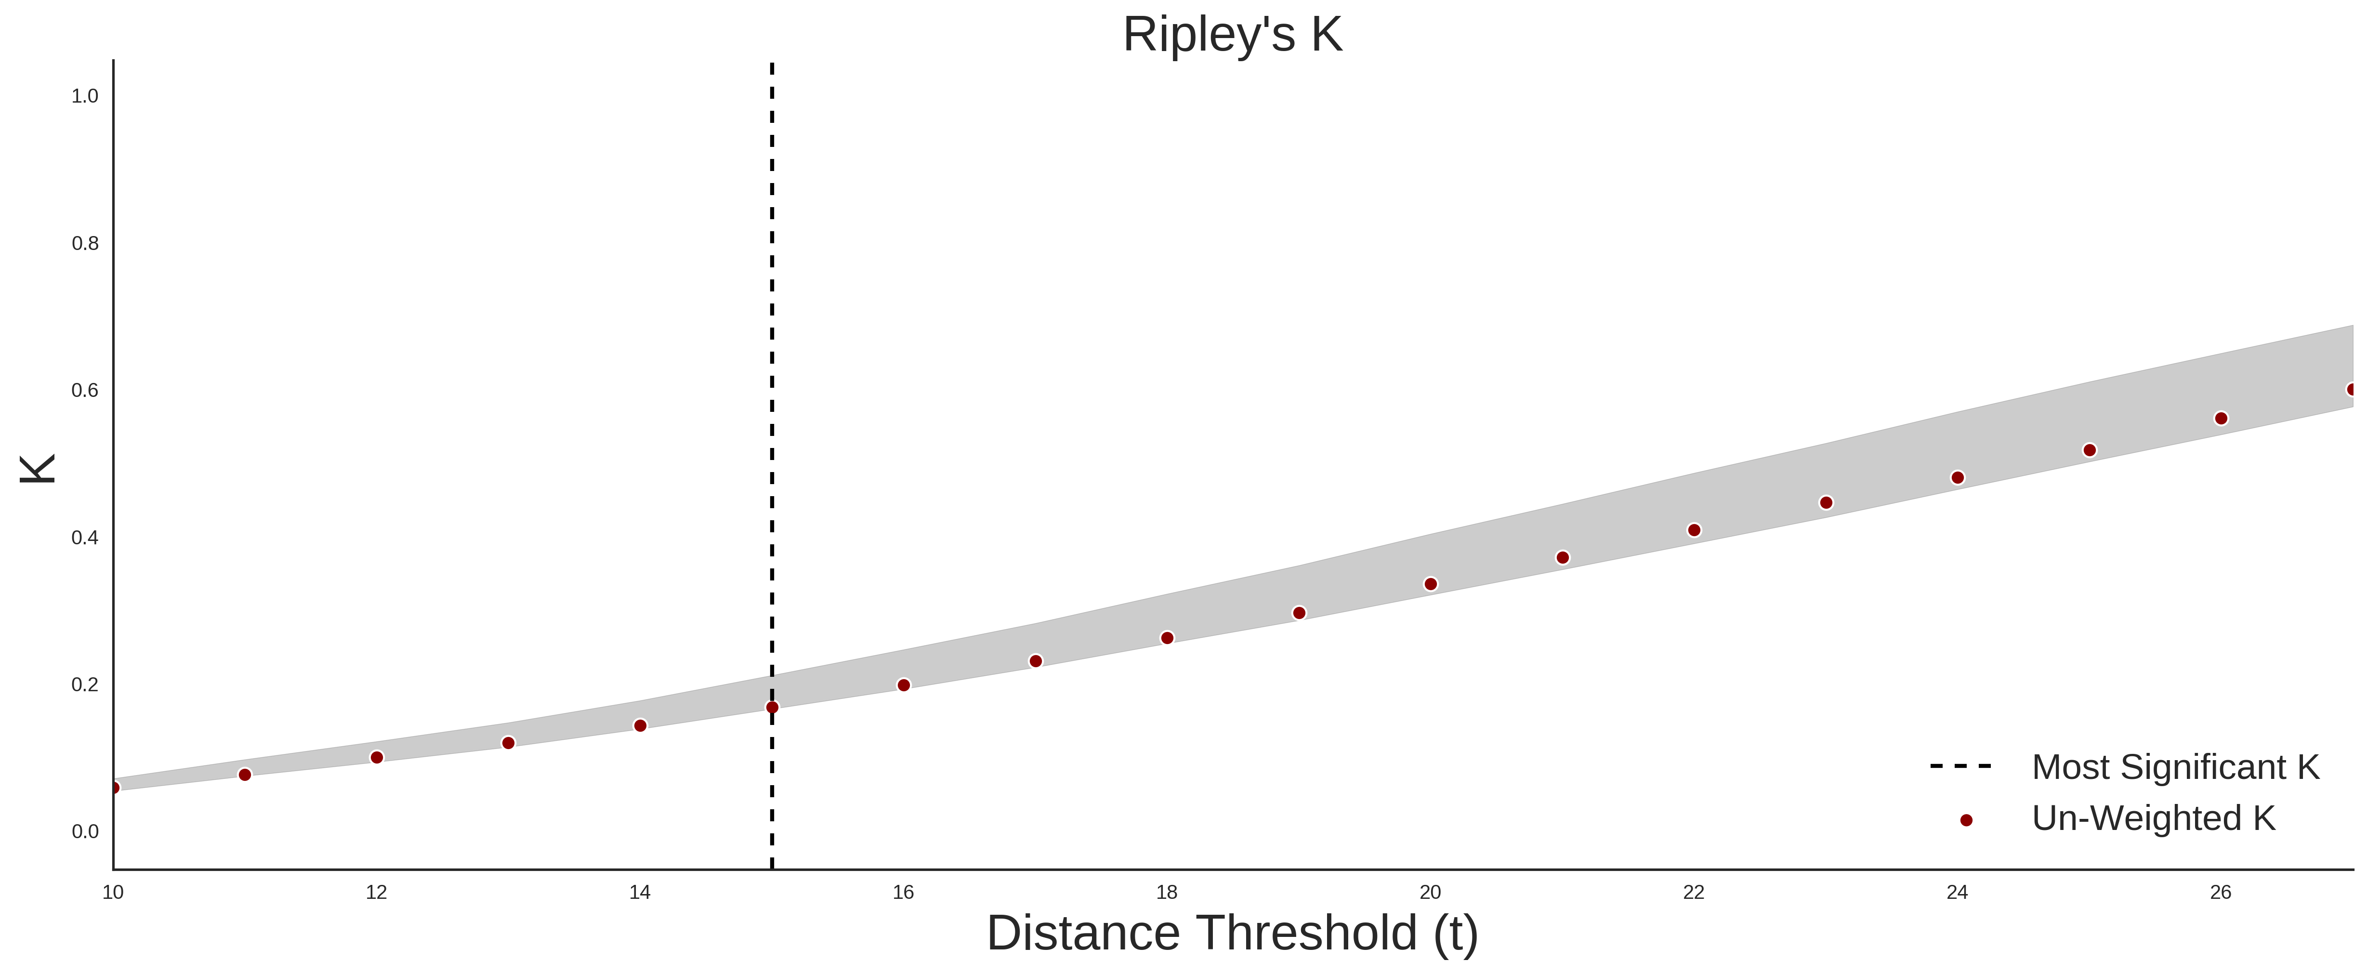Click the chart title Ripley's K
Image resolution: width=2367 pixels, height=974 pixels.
pos(1232,35)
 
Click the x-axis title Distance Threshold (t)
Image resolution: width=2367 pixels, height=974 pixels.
pos(1232,934)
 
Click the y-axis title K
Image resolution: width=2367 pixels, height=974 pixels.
pos(38,469)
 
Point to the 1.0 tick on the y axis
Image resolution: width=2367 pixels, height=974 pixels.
pos(85,95)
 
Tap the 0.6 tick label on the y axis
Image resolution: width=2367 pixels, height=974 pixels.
pos(85,391)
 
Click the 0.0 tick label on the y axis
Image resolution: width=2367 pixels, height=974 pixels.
pos(85,831)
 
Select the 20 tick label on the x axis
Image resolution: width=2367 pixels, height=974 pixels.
pos(1430,892)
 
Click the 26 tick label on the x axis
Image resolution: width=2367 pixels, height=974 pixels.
pos(2220,892)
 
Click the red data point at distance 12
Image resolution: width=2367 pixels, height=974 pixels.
pos(377,757)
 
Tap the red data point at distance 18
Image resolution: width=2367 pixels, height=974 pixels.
pos(1167,638)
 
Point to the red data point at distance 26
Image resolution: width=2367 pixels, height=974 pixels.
pos(2221,418)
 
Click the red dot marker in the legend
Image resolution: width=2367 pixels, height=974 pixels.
pos(1965,820)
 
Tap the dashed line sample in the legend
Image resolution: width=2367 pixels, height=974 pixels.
pos(1961,765)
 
